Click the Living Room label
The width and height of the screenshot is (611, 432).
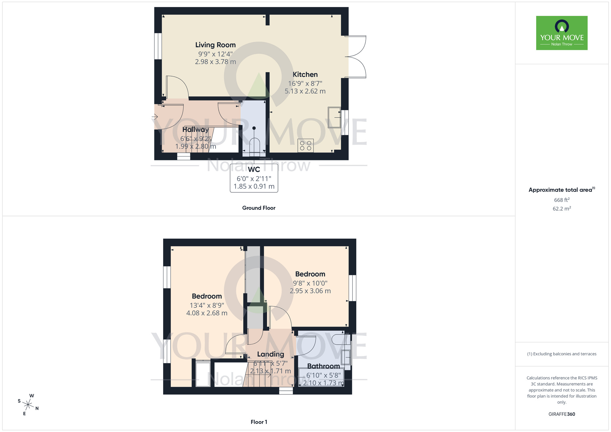click(215, 45)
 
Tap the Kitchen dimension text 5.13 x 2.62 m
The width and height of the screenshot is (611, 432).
click(305, 91)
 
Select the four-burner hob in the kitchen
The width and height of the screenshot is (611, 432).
click(305, 146)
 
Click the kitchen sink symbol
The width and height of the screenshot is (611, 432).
click(334, 117)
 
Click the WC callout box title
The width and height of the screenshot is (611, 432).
click(254, 170)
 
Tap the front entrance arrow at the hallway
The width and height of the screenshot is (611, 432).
click(155, 117)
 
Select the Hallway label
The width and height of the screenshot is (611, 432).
click(196, 130)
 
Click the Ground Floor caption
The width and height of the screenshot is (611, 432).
click(258, 208)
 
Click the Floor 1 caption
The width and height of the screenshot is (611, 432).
click(258, 422)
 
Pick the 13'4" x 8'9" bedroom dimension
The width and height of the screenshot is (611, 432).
click(207, 305)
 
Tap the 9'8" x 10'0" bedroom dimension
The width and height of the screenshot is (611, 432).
click(310, 283)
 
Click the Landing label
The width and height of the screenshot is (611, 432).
click(270, 354)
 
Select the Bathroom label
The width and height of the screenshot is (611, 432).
click(323, 366)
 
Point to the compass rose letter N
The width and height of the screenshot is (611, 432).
click(37, 408)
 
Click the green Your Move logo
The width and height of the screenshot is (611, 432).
click(562, 33)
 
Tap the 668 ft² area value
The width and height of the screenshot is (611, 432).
click(562, 200)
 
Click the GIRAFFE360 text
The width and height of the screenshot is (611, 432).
click(562, 414)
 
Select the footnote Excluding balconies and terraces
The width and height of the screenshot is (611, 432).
click(562, 354)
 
